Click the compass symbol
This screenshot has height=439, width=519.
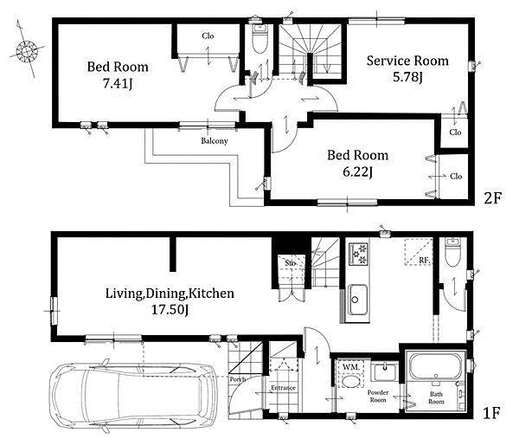coord(27,51)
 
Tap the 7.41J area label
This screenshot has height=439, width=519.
coord(118,84)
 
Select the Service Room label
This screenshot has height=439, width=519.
coord(407,61)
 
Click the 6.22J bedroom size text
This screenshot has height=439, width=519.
coord(357,172)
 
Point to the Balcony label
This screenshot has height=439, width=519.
coord(215,141)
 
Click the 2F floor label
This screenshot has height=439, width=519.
coord(493,197)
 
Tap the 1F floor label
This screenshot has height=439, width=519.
coord(490,413)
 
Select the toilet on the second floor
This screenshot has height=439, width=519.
coord(259,39)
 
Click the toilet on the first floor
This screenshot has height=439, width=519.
coord(452,253)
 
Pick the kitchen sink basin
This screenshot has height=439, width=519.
coord(356,300)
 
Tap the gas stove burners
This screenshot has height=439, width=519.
coord(358,254)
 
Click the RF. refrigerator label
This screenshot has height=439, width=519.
coord(425,261)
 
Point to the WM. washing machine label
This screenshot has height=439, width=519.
coord(351,367)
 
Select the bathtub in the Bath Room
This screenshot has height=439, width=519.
coord(435,367)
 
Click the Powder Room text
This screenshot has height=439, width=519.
coord(378,397)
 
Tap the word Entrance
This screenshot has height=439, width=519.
coord(283,388)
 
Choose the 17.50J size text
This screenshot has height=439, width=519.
coord(170,310)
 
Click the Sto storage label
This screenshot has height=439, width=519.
coord(291,263)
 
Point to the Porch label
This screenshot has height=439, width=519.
coord(238,380)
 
